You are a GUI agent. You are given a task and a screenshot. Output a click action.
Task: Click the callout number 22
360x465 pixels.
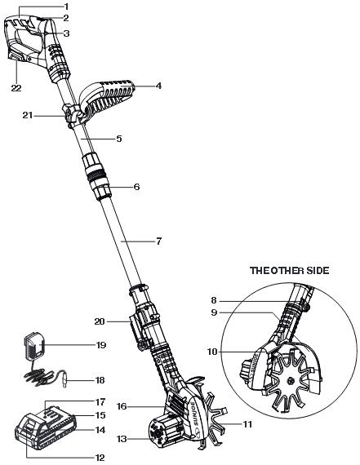click(16, 88)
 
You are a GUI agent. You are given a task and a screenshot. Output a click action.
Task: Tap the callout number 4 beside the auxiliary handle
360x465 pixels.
click(158, 86)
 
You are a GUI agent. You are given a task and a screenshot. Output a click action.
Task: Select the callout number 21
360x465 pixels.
click(28, 115)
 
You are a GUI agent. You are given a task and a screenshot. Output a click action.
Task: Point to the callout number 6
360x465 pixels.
click(136, 187)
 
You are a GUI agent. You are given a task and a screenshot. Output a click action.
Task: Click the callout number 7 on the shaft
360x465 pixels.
click(159, 241)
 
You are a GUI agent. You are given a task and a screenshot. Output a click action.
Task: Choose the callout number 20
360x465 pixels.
click(100, 321)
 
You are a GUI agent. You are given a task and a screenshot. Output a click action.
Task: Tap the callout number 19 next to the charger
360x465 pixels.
click(101, 345)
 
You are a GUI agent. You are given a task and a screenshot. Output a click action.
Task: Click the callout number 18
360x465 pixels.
click(100, 380)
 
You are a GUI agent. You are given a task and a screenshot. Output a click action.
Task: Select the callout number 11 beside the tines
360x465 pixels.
click(247, 424)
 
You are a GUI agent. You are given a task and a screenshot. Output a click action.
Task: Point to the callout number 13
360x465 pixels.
click(122, 439)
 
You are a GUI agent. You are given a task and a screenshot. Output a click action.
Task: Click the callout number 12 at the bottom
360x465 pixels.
click(100, 458)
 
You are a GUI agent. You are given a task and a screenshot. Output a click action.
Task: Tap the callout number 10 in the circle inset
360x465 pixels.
click(212, 352)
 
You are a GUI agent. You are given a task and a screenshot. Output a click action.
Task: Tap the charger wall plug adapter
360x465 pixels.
click(33, 346)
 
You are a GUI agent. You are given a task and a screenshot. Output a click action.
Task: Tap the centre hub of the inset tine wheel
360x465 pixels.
click(291, 380)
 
